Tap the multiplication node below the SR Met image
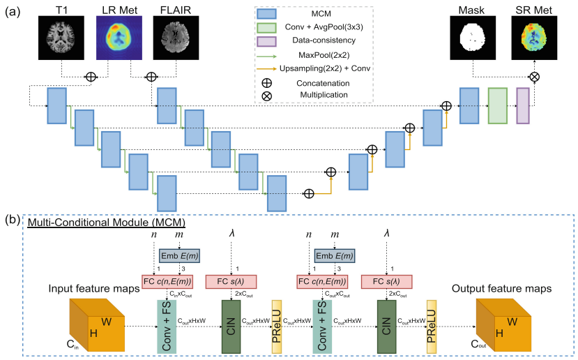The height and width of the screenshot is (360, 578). point(534,76)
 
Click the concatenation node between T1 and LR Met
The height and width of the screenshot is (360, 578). point(91,76)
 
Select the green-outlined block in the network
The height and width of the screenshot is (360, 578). point(497,106)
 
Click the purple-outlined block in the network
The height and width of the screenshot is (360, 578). point(523,106)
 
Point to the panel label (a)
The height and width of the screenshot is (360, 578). point(13,12)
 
